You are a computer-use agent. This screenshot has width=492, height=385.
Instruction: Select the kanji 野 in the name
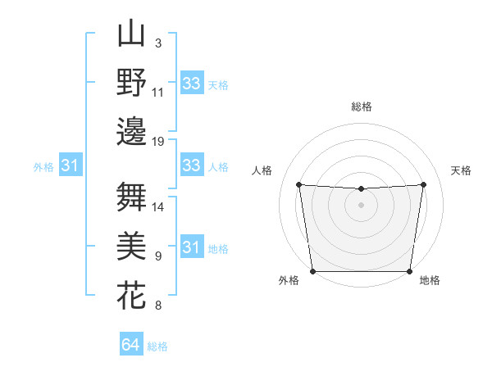(x=131, y=83)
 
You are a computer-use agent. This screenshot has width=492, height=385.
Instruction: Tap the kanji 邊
(x=131, y=131)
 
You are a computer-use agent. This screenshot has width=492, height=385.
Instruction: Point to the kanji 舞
(x=131, y=197)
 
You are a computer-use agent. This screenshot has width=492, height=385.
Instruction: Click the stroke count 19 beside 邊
(x=158, y=142)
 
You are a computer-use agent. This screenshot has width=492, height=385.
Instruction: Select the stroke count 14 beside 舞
(x=158, y=207)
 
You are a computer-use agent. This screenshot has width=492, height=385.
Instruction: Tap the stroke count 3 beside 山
(x=157, y=43)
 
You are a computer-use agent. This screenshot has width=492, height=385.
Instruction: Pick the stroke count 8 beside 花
(x=157, y=306)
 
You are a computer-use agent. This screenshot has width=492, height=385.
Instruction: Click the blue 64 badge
(x=130, y=345)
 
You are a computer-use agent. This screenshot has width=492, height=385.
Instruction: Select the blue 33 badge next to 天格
(x=191, y=84)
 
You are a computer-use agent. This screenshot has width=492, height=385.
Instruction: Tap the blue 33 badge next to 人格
(x=191, y=165)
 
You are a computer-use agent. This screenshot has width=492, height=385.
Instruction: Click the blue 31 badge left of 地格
(x=191, y=247)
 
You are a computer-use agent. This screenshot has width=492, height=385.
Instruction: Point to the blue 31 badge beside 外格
(x=70, y=166)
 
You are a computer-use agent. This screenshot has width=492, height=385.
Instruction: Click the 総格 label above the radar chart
(x=361, y=106)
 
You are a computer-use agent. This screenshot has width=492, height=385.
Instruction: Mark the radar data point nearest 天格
(x=424, y=184)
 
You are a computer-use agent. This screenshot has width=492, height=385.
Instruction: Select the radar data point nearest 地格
(x=409, y=271)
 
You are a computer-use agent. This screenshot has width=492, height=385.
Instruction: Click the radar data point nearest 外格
(x=312, y=270)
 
